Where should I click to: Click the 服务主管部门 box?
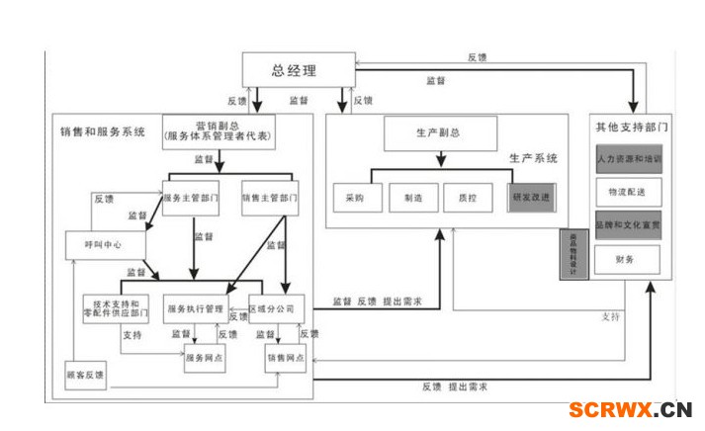pyautogui.click(x=191, y=198)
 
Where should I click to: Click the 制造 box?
pyautogui.click(x=412, y=198)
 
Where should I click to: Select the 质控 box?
pyautogui.click(x=468, y=198)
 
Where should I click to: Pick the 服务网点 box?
pyautogui.click(x=205, y=357)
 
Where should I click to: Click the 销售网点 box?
pyautogui.click(x=285, y=357)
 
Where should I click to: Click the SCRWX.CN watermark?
pyautogui.click(x=629, y=410)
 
